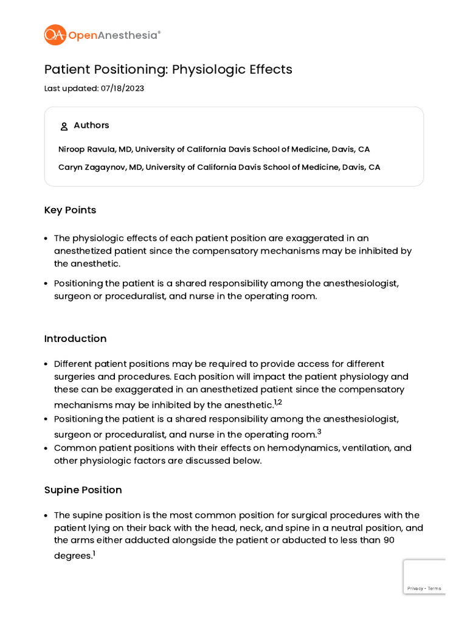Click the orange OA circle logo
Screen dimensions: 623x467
click(x=55, y=35)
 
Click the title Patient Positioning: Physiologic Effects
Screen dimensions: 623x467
click(x=168, y=69)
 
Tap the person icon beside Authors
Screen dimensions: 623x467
click(x=64, y=127)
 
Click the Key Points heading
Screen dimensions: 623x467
click(x=70, y=210)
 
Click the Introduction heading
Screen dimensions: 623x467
click(x=75, y=338)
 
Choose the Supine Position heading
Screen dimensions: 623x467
click(x=83, y=490)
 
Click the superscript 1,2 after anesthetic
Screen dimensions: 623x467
click(x=278, y=402)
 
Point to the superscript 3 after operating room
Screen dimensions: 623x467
click(x=319, y=432)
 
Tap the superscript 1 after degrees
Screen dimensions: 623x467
click(x=94, y=553)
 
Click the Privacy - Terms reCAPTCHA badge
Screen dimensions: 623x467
click(x=424, y=577)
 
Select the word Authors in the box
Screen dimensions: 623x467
click(x=91, y=125)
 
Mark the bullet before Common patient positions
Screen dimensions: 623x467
click(x=46, y=448)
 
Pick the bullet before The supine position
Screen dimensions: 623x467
click(x=46, y=515)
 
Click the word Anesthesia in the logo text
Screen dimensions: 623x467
click(x=127, y=35)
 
